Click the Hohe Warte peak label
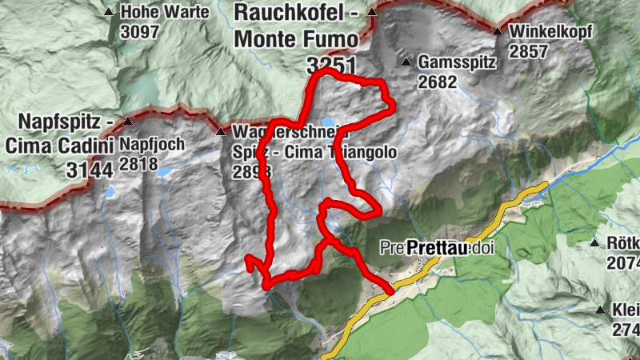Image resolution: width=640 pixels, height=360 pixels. pyautogui.click(x=164, y=12)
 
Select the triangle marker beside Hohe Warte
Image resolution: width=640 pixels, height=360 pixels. pyautogui.click(x=108, y=12)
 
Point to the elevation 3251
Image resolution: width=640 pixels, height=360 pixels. pyautogui.click(x=330, y=66)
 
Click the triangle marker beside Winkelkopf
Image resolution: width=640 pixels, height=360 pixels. pyautogui.click(x=497, y=32)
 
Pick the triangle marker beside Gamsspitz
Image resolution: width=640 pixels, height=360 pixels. pyautogui.click(x=406, y=62)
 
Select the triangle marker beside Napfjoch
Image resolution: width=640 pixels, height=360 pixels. pyautogui.click(x=128, y=122)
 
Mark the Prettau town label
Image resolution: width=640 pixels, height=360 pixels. pyautogui.click(x=437, y=249)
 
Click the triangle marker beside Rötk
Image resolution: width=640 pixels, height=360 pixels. pyautogui.click(x=594, y=243)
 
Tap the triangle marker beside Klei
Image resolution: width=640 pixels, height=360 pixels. pyautogui.click(x=600, y=309)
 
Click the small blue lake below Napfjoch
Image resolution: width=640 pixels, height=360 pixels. pyautogui.click(x=163, y=172)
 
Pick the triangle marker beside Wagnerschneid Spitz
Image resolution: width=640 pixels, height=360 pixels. pyautogui.click(x=220, y=131)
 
